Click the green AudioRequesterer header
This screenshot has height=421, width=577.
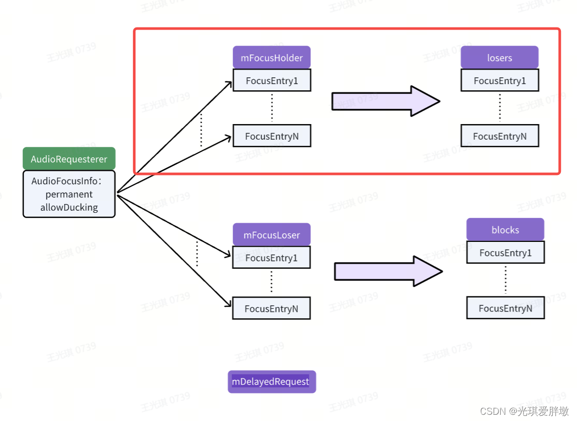69,159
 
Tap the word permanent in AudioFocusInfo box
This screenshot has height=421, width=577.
69,195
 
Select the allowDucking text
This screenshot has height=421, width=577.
69,208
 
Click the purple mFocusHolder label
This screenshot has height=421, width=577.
271,58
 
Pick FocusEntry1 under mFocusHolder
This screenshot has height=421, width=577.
271,81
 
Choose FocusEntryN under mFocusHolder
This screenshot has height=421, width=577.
271,136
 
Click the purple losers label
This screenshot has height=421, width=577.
499,58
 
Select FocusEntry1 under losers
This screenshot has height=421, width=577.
500,81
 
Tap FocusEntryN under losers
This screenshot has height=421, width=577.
500,136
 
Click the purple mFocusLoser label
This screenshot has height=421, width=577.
271,235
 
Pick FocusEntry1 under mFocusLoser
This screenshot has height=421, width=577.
271,258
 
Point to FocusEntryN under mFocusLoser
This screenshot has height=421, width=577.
271,308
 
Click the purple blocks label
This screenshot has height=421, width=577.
505,229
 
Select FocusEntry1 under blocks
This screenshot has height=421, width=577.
505,253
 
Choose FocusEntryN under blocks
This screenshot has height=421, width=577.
505,308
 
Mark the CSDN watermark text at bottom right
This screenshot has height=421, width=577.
524,411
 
